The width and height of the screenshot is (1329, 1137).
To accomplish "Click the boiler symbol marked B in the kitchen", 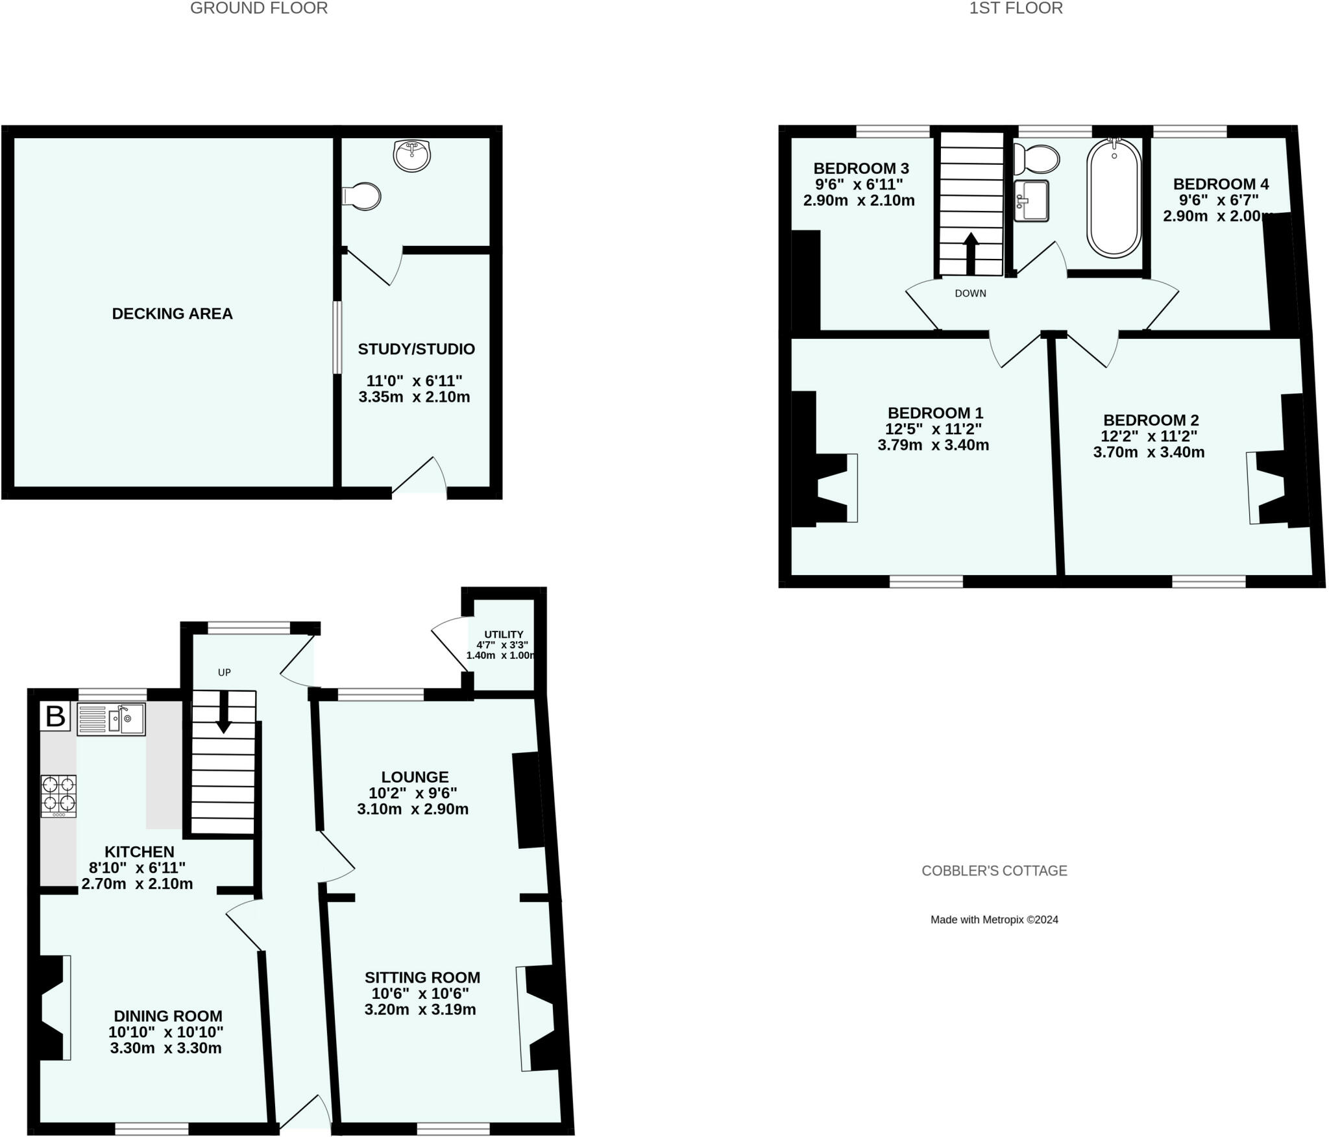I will (x=55, y=717).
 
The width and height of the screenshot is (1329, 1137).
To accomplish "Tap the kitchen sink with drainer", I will (x=111, y=718).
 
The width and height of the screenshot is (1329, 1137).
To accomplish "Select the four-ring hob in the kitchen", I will (x=58, y=796).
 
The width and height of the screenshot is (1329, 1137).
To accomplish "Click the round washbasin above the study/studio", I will (x=411, y=155).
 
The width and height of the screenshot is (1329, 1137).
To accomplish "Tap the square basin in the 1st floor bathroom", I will (x=1031, y=201).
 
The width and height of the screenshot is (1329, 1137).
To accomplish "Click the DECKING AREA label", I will (x=172, y=313).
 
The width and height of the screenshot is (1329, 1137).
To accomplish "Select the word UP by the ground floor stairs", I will (x=224, y=672).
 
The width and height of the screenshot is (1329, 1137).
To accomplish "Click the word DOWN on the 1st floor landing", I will (x=970, y=293).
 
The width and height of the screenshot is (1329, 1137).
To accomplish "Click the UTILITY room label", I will (x=504, y=634).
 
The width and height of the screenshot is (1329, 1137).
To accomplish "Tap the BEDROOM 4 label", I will (x=1221, y=184).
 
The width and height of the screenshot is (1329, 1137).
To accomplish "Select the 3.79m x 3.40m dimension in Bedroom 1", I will (x=933, y=445).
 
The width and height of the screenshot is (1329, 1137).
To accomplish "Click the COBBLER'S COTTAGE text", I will (x=994, y=870).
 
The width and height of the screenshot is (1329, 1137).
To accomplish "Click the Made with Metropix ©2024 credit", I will (x=994, y=919).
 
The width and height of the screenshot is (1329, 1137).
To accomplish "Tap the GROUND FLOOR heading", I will (x=258, y=8).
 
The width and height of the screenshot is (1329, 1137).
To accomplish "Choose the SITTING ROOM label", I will (x=422, y=977).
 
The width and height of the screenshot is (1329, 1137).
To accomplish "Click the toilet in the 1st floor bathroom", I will (x=1036, y=158).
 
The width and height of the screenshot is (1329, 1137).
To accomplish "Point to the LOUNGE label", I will (x=415, y=777).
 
